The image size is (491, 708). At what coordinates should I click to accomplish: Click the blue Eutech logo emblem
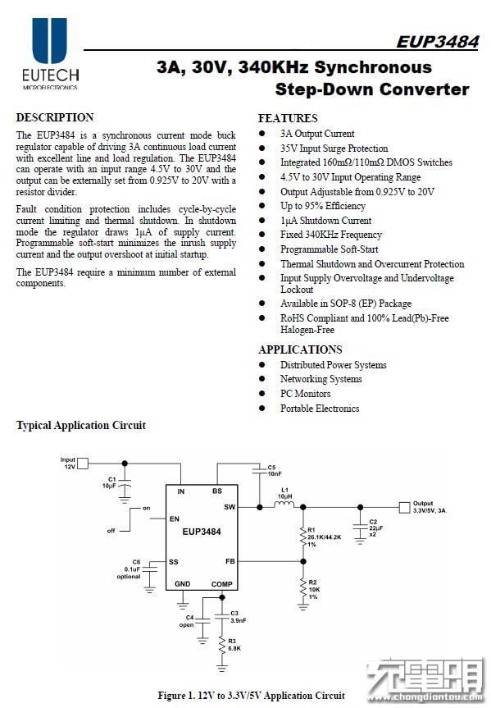pyautogui.click(x=50, y=40)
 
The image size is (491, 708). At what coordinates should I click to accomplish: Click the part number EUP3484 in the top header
pyautogui.click(x=437, y=42)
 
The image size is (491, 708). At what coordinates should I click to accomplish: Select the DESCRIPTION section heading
pyautogui.click(x=55, y=117)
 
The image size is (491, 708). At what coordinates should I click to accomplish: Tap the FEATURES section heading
pyautogui.click(x=288, y=118)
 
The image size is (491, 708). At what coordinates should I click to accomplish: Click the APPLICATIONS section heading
pyautogui.click(x=300, y=349)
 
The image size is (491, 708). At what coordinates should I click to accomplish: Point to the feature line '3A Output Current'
pyautogui.click(x=317, y=134)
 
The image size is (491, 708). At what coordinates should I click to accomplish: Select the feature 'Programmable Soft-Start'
pyautogui.click(x=330, y=249)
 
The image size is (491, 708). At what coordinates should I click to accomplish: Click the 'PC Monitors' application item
pyautogui.click(x=306, y=394)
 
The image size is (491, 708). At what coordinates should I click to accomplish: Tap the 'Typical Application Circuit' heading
pyautogui.click(x=81, y=425)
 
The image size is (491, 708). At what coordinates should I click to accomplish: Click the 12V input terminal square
pyautogui.click(x=83, y=464)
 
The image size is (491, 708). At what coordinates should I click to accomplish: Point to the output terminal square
pyautogui.click(x=404, y=508)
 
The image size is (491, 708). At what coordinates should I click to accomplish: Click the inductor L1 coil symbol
pyautogui.click(x=284, y=505)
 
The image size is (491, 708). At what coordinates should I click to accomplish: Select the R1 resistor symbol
pyautogui.click(x=302, y=537)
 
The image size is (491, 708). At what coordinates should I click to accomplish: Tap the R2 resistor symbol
pyautogui.click(x=302, y=589)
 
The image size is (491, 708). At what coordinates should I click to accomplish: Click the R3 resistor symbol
pyautogui.click(x=221, y=645)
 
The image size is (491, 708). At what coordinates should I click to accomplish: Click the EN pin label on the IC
pyautogui.click(x=175, y=518)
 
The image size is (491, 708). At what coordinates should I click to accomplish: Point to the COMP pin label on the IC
pyautogui.click(x=221, y=584)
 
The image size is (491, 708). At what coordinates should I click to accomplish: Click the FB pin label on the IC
pyautogui.click(x=230, y=561)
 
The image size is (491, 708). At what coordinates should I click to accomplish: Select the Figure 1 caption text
pyautogui.click(x=252, y=696)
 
